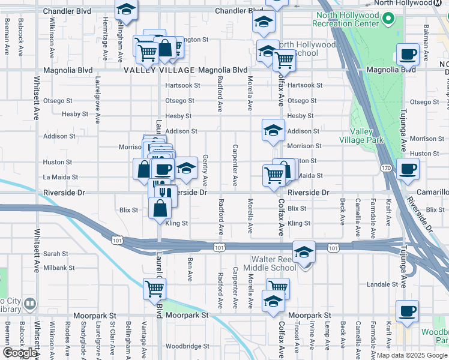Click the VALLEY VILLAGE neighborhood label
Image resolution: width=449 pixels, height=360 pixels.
coord(159,70)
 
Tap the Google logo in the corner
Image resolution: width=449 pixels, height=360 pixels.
coord(20,353)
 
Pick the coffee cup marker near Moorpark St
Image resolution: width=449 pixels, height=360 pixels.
coord(408,311)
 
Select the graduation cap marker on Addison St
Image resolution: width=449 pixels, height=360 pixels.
coord(273,130)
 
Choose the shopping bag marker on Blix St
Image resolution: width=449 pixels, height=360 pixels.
coord(160,209)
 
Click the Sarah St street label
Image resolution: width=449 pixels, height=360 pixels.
coord(55,254)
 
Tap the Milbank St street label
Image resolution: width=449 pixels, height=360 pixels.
coord(59,268)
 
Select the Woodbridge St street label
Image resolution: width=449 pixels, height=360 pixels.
coord(187,346)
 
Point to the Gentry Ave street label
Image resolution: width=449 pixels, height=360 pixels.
coord(205,169)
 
